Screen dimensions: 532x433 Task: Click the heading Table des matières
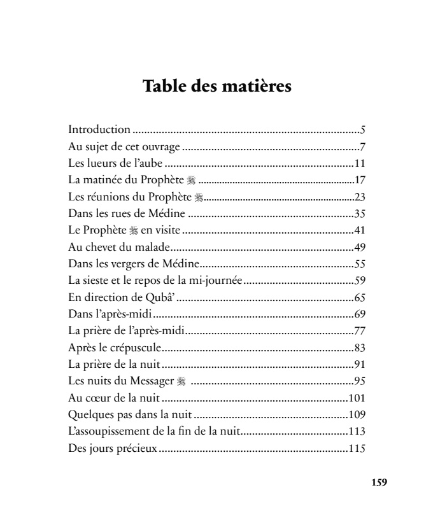coord(216,86)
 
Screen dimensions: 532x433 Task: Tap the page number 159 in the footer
coord(379,482)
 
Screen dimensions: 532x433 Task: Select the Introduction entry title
coord(99,130)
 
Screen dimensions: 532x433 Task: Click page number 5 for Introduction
coord(362,130)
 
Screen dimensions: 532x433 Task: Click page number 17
coord(359,180)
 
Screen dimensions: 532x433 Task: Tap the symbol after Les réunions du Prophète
coord(198,197)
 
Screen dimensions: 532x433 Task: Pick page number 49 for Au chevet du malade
coord(359,246)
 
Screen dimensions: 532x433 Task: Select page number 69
coord(359,312)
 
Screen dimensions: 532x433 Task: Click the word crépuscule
coord(132,347)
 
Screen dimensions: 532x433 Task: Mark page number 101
coord(357,398)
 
